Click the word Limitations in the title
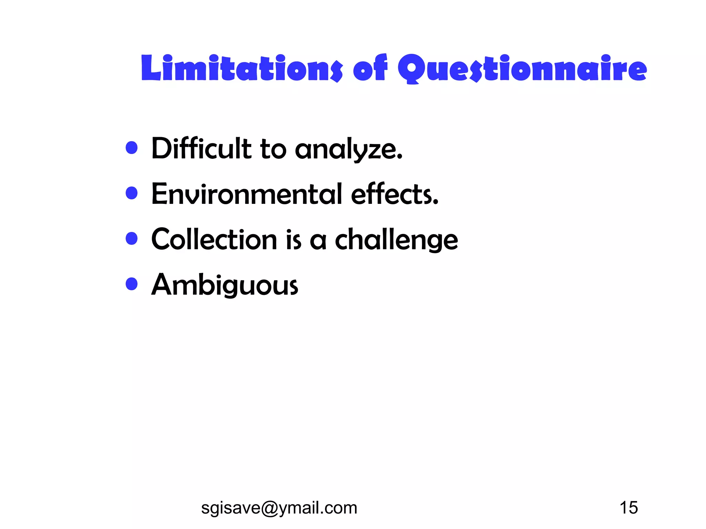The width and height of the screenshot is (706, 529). [x=242, y=69]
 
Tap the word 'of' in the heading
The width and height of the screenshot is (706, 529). [x=370, y=69]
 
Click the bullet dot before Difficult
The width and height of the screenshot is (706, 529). [x=132, y=148]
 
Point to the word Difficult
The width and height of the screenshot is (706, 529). [x=201, y=148]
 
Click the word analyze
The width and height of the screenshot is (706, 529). [x=349, y=150]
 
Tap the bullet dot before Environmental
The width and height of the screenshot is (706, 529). [x=132, y=193]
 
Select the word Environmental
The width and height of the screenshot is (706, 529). [x=246, y=194]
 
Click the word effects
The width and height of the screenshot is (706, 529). [x=394, y=194]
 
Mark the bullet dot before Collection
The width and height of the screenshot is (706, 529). [x=132, y=238]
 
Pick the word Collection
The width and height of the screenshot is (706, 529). [x=214, y=239]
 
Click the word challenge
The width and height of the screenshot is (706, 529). [x=396, y=240]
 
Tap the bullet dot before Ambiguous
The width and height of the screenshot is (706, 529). [x=132, y=284]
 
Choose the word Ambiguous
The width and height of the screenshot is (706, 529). [x=225, y=285]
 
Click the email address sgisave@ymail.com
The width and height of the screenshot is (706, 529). [x=279, y=508]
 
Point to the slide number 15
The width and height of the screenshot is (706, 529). [x=628, y=508]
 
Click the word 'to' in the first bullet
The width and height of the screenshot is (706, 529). [x=273, y=150]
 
